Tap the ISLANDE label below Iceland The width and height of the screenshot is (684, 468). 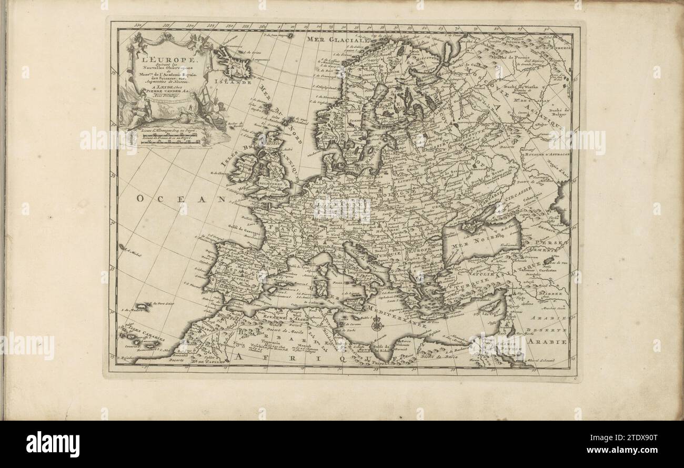click(x=236, y=82)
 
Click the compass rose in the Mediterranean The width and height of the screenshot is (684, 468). click(x=376, y=325)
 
